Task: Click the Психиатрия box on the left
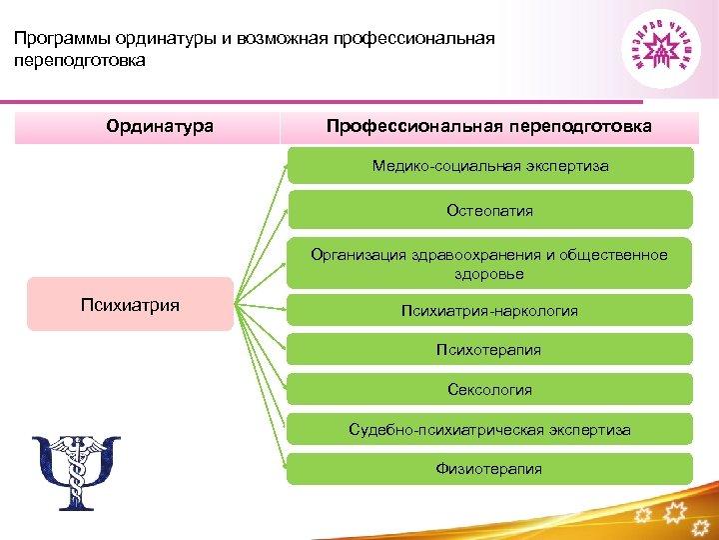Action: click(130, 304)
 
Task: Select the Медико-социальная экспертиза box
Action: click(489, 166)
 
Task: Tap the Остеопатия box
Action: click(489, 211)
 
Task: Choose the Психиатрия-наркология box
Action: click(489, 311)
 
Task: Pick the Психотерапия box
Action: click(489, 349)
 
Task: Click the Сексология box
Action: click(489, 389)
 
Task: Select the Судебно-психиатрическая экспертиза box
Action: click(489, 429)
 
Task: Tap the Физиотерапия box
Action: click(489, 468)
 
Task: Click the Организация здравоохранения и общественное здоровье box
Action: click(489, 264)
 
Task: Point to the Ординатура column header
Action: click(160, 127)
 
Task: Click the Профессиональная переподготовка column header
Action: click(489, 127)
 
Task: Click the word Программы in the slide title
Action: click(60, 39)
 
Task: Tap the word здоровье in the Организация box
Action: click(489, 273)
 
